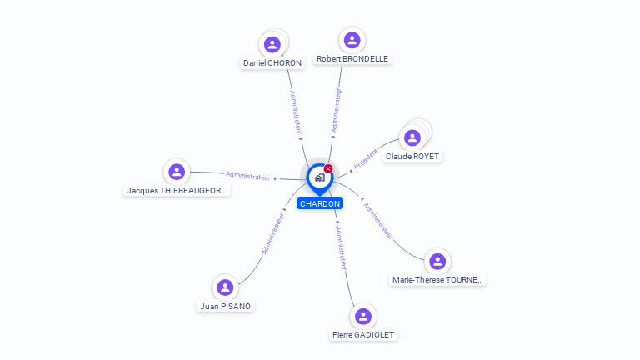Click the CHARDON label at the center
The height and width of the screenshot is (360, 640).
[320, 203]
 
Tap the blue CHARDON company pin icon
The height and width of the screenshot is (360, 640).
[319, 177]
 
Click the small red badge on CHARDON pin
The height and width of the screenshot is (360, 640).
[328, 169]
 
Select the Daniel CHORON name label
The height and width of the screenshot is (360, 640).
[272, 63]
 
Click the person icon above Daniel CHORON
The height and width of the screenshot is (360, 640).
[272, 44]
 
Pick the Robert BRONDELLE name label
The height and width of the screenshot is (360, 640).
[352, 59]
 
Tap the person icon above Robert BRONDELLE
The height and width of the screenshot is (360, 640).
[352, 40]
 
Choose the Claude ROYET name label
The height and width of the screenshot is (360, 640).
[412, 157]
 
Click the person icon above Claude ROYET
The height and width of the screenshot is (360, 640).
[412, 137]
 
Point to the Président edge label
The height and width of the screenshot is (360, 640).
[366, 159]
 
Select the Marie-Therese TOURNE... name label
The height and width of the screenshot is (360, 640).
[437, 280]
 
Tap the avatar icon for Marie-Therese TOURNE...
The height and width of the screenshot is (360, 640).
[437, 262]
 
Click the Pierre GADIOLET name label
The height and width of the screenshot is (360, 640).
[363, 335]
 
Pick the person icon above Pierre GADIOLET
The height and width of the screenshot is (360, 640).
[362, 317]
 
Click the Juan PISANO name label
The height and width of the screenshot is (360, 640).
[225, 306]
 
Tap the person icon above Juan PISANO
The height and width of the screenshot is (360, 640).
[225, 287]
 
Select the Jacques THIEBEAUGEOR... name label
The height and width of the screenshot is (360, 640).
[177, 191]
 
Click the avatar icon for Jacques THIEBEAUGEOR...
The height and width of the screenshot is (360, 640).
[176, 172]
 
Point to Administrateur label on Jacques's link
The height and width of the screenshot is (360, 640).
[248, 176]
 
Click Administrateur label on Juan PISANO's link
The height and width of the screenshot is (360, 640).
[273, 233]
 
